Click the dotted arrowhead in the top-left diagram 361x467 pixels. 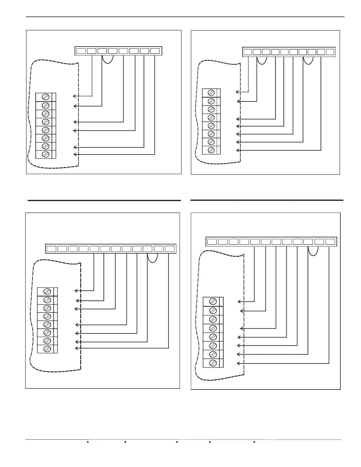[x=74, y=96]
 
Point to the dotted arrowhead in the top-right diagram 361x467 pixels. [x=237, y=92]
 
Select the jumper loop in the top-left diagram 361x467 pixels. [x=108, y=59]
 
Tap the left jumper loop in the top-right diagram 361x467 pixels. [x=262, y=60]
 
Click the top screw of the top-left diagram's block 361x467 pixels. [x=46, y=97]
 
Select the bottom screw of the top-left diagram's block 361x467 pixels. [x=46, y=154]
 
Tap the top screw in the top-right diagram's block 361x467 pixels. [x=211, y=93]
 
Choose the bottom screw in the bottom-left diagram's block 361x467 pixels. [x=47, y=349]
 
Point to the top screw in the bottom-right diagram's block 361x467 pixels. [x=213, y=301]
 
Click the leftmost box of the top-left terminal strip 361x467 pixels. [x=81, y=51]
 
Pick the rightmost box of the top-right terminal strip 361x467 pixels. [x=330, y=52]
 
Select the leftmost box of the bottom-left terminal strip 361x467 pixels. [x=51, y=249]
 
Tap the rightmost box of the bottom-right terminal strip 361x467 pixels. [x=330, y=242]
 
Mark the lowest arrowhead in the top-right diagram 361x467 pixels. [x=238, y=150]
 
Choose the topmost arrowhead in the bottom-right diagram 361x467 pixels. [x=239, y=302]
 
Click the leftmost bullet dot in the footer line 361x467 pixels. [x=88, y=442]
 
